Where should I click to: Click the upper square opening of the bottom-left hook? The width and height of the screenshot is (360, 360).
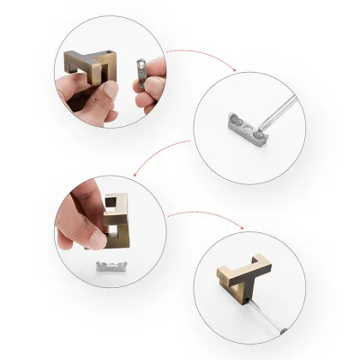pyautogui.click(x=111, y=203)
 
